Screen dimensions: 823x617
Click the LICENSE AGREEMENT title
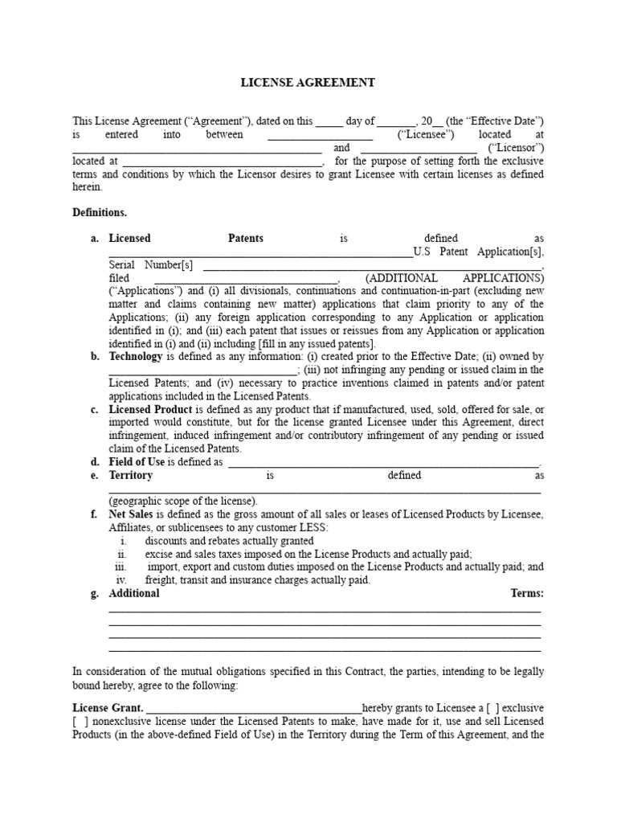tap(308, 83)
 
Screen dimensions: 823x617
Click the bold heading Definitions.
tap(100, 212)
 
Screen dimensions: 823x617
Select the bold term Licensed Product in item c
tap(150, 409)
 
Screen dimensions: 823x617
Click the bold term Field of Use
tap(137, 462)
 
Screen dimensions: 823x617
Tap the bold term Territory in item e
tap(131, 475)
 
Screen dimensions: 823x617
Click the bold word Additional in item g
tap(134, 593)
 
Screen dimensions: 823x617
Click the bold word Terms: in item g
tap(527, 593)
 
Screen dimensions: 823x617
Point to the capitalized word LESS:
tap(313, 527)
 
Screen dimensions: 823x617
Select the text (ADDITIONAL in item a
tap(401, 277)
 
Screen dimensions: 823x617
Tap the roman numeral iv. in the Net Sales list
tap(121, 579)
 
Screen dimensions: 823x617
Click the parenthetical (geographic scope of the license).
tap(183, 500)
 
